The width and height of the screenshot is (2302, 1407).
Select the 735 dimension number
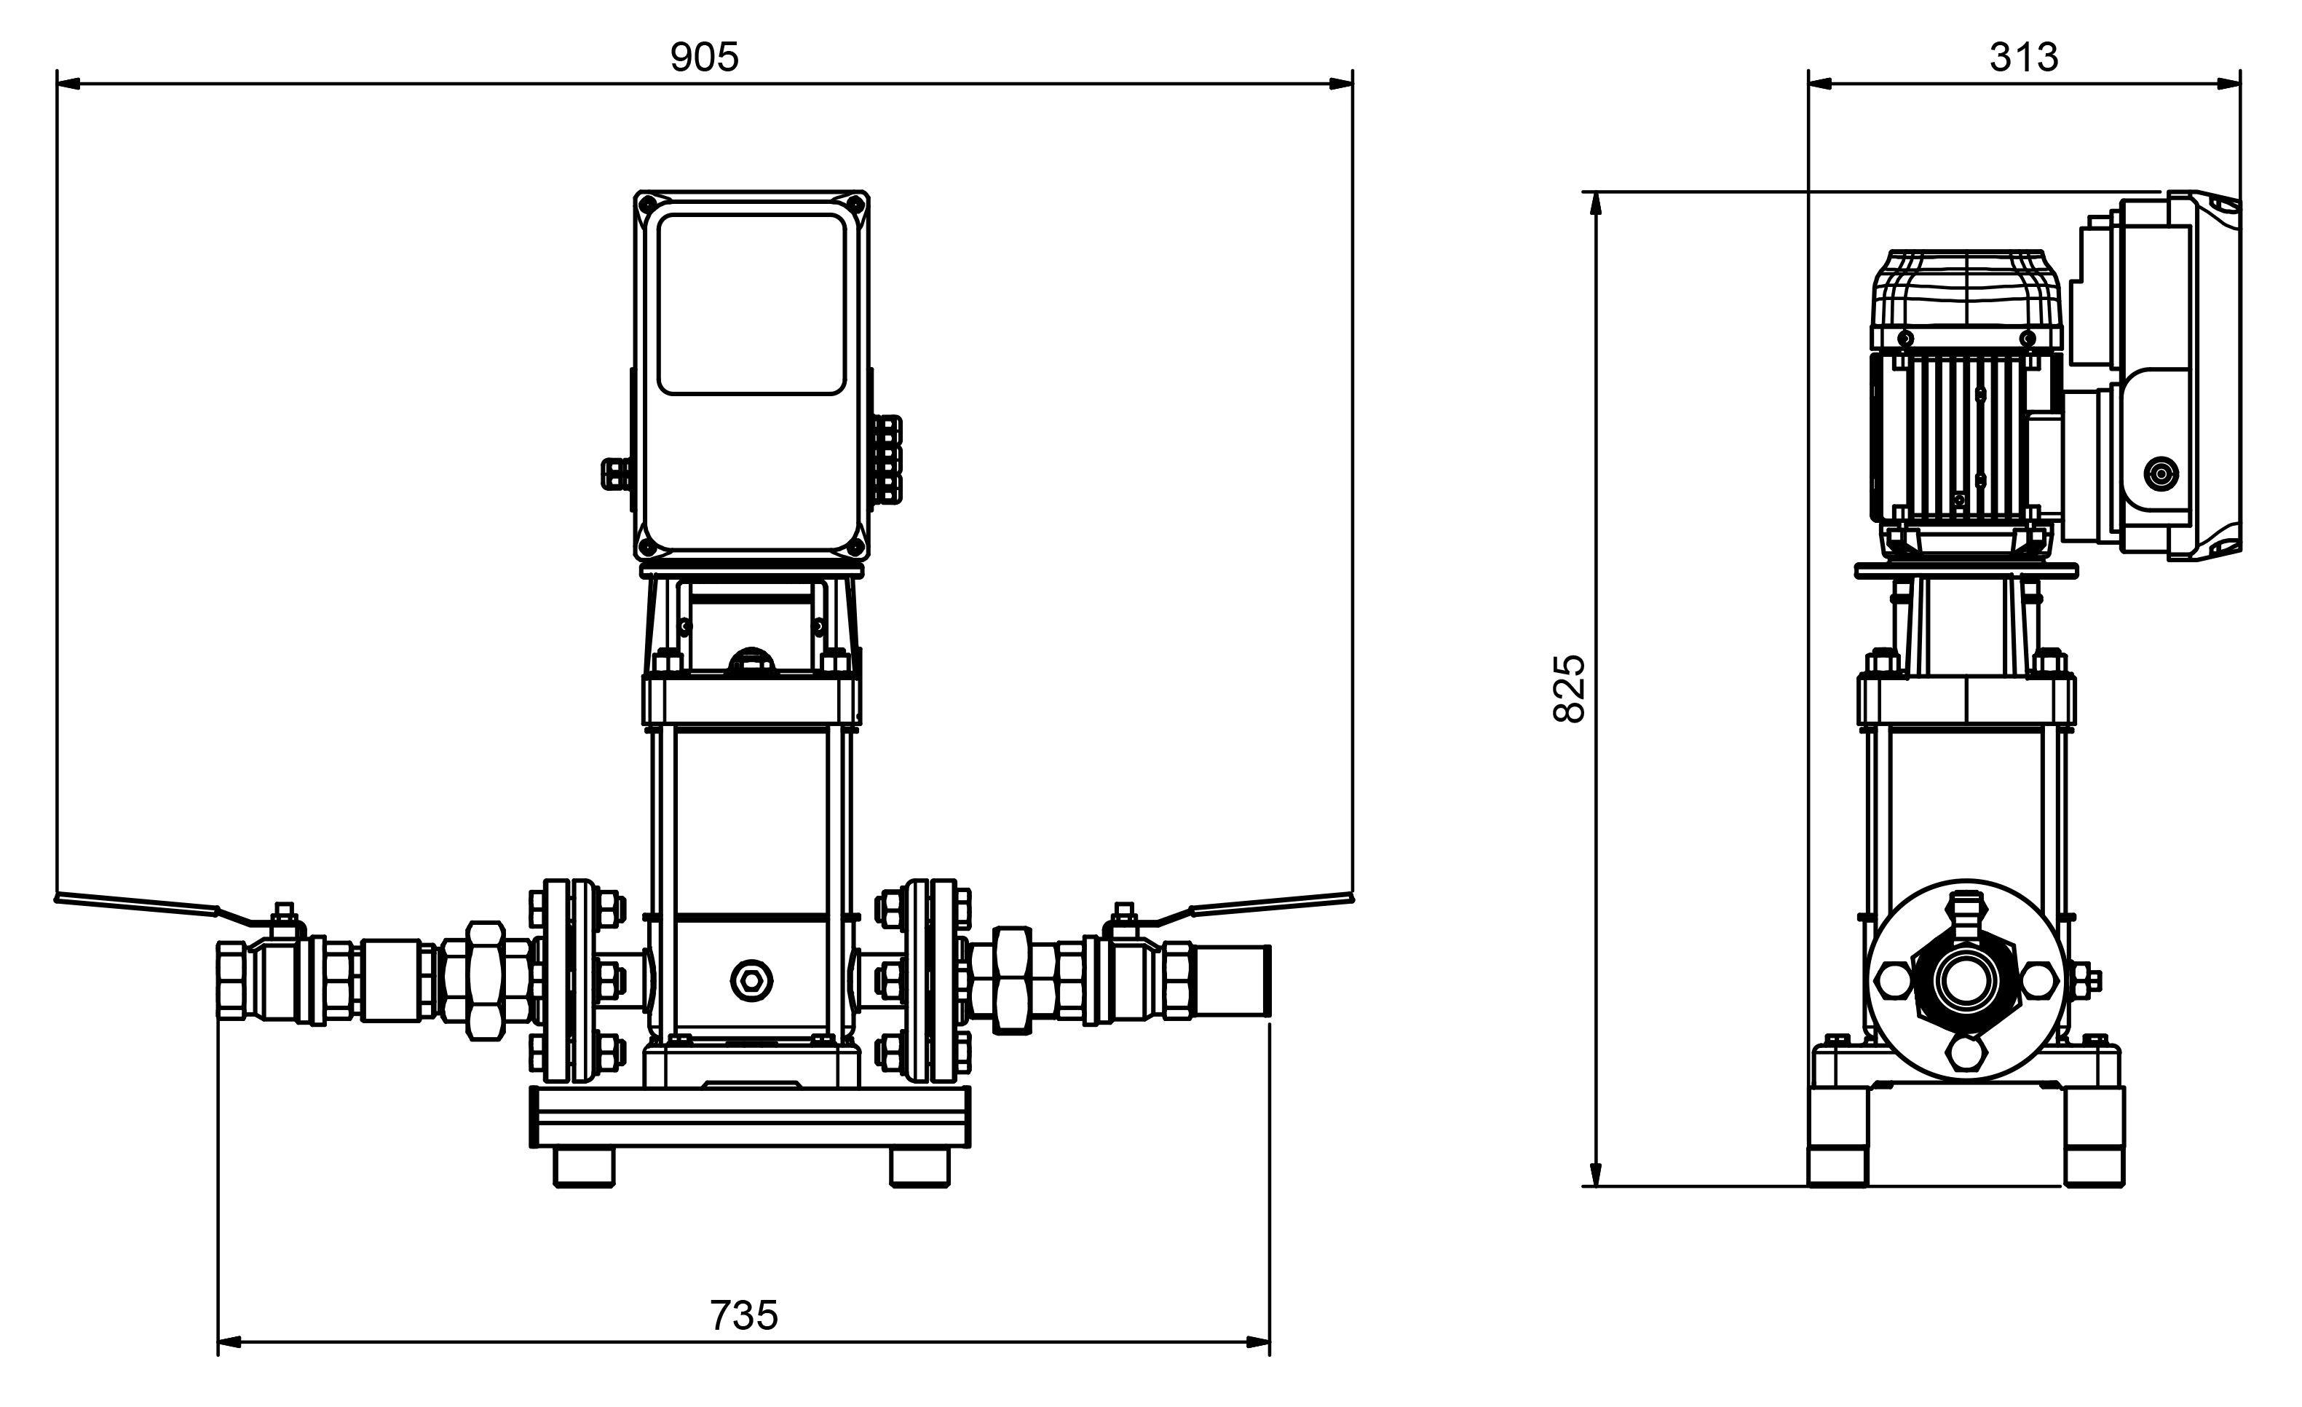click(x=743, y=1315)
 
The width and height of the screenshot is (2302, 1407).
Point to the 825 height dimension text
click(x=1570, y=688)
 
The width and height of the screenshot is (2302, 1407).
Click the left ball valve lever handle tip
click(x=58, y=899)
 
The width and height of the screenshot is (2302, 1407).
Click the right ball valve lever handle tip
click(x=1350, y=899)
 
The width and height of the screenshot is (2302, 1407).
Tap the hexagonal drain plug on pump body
click(x=751, y=980)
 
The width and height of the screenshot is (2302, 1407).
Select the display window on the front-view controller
click(x=751, y=304)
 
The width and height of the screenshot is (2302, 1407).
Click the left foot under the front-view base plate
click(x=584, y=1167)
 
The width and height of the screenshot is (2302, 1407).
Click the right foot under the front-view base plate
click(x=919, y=1167)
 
